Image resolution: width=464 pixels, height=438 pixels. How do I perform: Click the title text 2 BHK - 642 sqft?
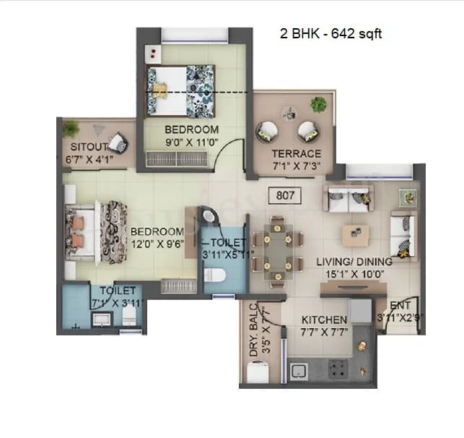pos(330,34)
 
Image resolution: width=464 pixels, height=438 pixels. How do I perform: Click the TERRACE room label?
pos(297,154)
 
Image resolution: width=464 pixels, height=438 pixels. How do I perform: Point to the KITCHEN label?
pos(325,319)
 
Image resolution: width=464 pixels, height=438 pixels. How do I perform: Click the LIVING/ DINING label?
pos(354,261)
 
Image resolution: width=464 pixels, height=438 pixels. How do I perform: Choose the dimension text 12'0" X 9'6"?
pos(155,244)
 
